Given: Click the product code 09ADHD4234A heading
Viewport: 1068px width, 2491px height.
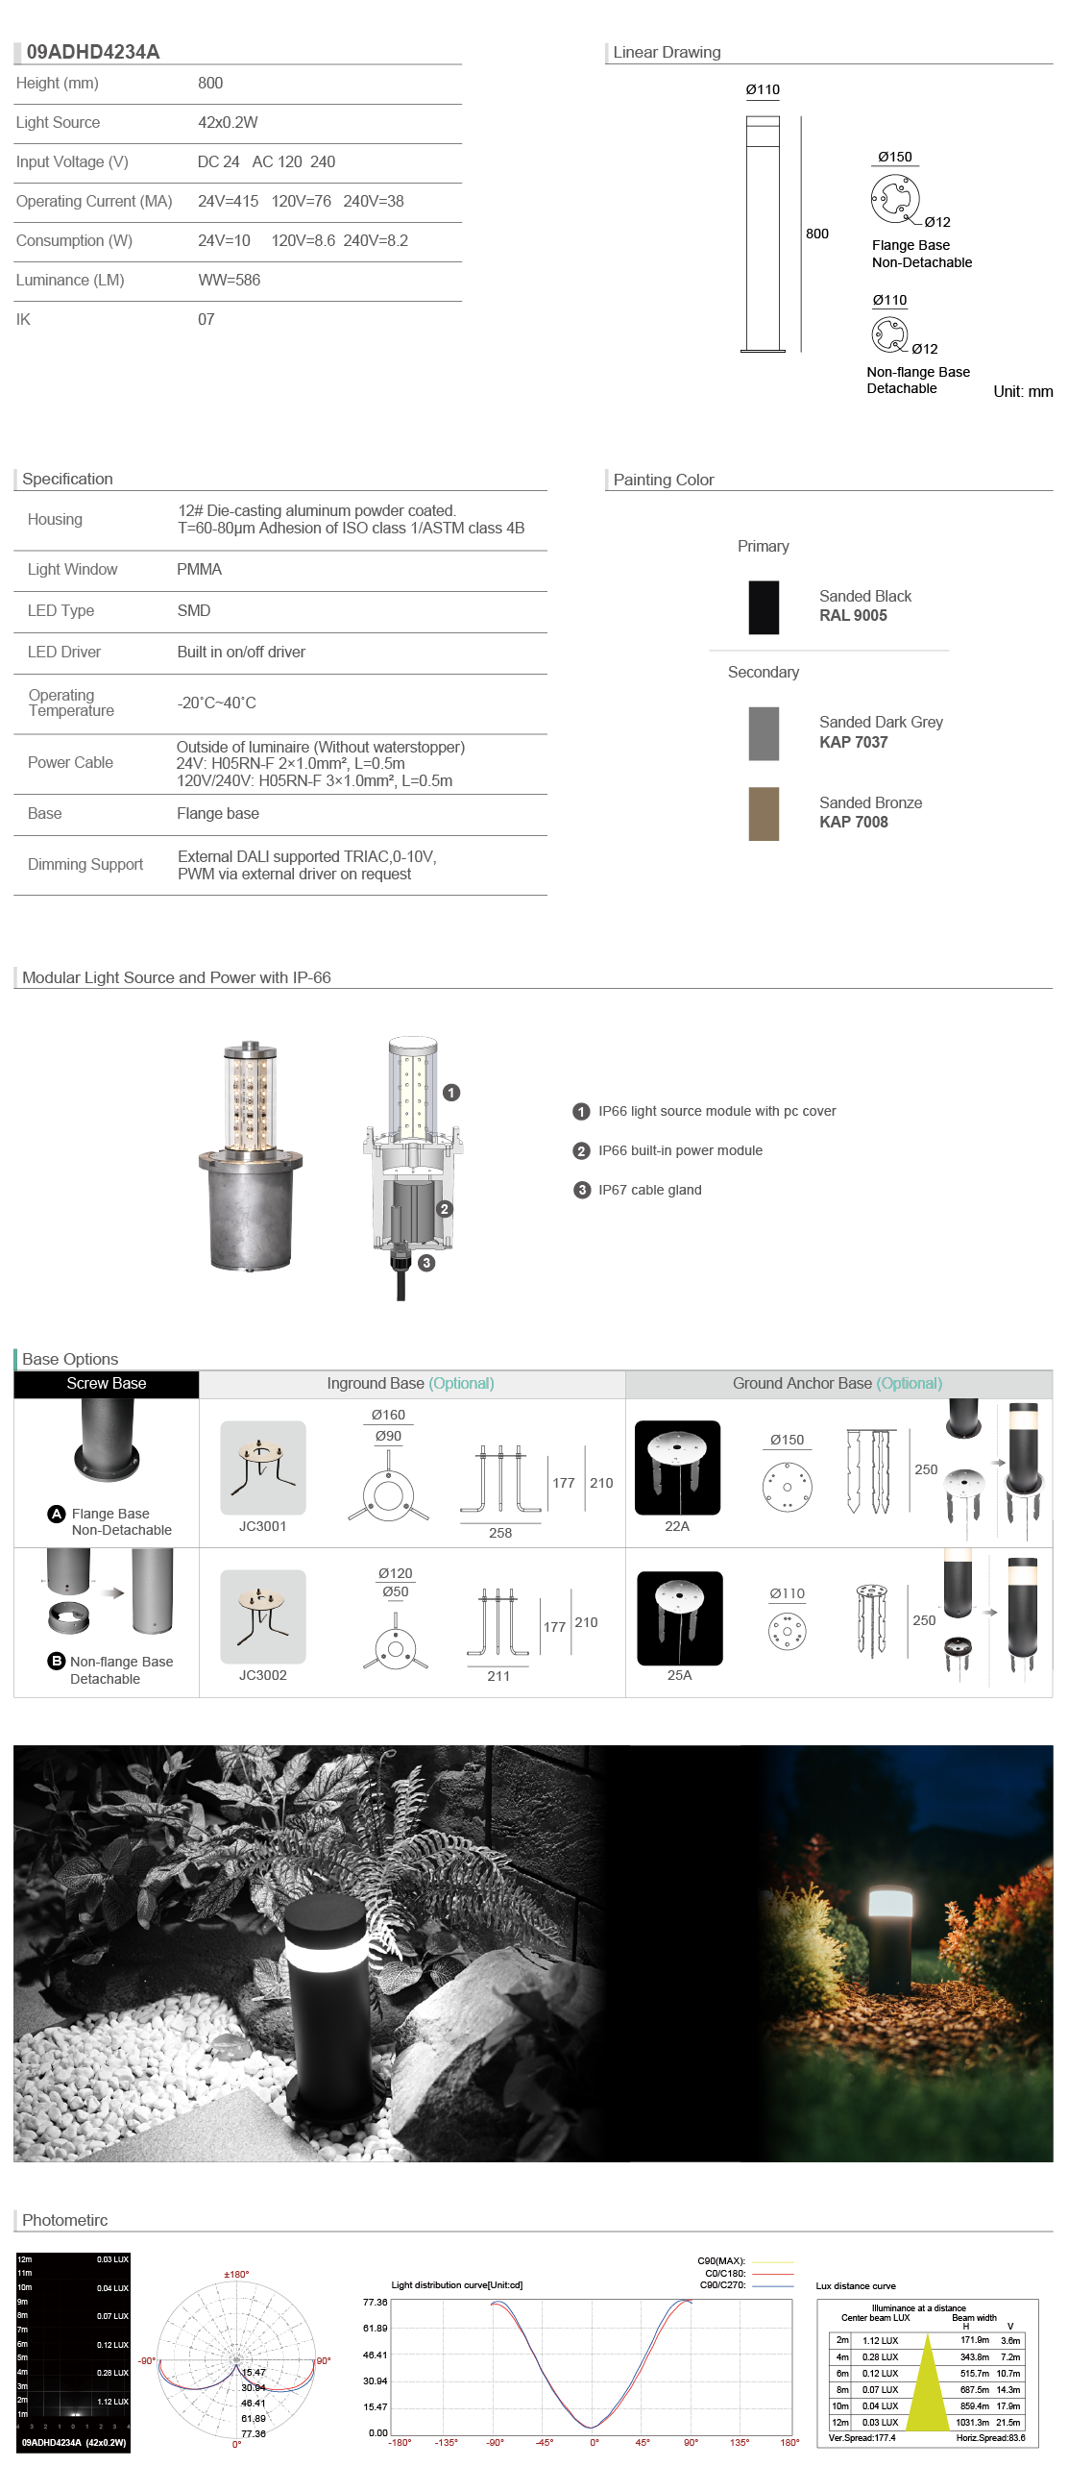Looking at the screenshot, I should (x=93, y=52).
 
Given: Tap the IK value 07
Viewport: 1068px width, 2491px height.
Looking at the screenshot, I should (x=206, y=320).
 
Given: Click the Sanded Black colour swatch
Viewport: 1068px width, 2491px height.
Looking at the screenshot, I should (x=763, y=607).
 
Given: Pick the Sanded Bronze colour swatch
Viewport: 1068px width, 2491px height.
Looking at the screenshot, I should (x=763, y=813).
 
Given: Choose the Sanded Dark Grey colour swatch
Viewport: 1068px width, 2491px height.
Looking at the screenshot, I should (x=763, y=733).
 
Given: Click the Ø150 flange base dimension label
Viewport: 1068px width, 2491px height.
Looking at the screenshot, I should (x=894, y=157).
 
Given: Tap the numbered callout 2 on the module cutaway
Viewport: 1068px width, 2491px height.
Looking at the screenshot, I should (x=445, y=1209).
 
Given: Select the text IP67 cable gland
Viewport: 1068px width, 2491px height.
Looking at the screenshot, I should (x=649, y=1191).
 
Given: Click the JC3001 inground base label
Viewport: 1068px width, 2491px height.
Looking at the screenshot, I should (x=263, y=1526).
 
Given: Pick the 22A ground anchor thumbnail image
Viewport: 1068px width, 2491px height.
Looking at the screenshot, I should (x=676, y=1467).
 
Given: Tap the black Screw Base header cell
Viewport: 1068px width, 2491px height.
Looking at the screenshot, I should (x=107, y=1384).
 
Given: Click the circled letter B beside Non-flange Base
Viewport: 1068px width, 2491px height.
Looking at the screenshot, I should (x=56, y=1661).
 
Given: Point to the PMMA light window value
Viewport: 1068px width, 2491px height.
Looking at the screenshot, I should (x=199, y=570).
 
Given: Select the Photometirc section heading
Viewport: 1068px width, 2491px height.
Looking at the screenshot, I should (x=64, y=2220).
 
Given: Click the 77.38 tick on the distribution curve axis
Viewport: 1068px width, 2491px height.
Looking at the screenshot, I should (x=375, y=2303).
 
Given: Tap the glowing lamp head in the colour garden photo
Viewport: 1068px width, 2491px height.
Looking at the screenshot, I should (x=890, y=1902).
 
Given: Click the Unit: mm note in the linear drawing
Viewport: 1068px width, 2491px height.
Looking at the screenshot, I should (x=1023, y=392).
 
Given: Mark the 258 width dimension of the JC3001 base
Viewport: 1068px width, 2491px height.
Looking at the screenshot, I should (x=499, y=1533).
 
